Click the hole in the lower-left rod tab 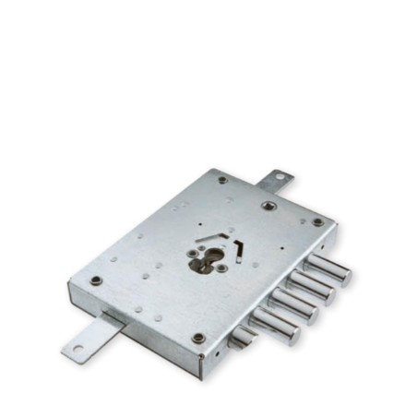(77, 348)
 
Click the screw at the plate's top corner (222, 179)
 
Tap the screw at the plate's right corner (318, 221)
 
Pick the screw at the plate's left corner (96, 280)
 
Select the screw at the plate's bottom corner (198, 338)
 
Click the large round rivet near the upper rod (268, 205)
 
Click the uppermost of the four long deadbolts (328, 268)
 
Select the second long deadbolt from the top (310, 288)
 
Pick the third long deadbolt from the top (292, 307)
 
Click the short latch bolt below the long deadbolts (243, 340)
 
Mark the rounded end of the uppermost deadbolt (343, 274)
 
